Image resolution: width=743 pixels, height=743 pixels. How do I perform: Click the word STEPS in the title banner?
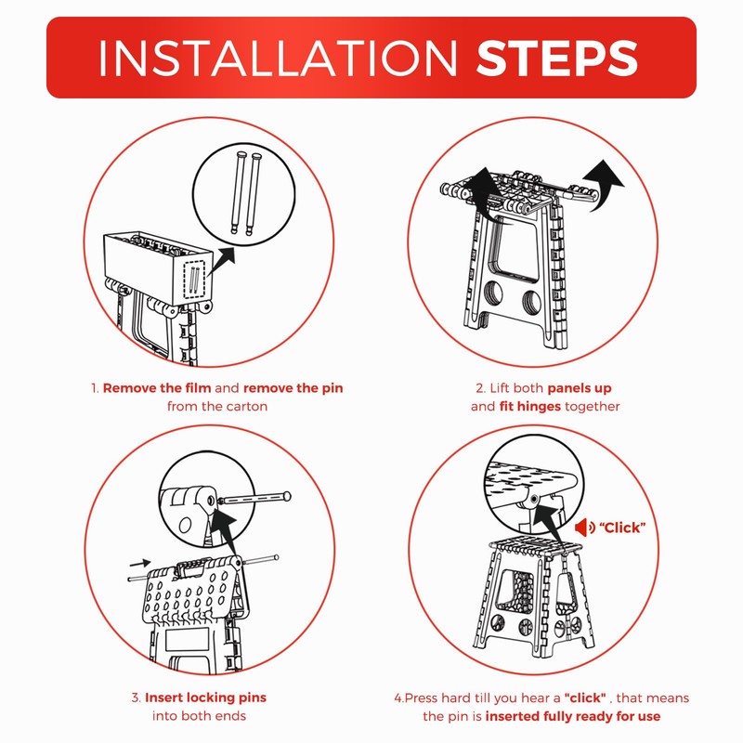point(557,58)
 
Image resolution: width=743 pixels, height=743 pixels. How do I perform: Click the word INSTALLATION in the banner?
point(278,58)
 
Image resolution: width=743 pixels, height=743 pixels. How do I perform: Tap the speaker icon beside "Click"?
point(585,527)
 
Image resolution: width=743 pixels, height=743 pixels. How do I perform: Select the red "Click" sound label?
point(622,528)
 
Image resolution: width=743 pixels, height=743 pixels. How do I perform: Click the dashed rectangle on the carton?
point(194,280)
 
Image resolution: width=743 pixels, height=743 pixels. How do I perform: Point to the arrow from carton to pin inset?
point(221,262)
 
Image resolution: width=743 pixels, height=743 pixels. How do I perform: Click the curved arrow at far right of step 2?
point(604,184)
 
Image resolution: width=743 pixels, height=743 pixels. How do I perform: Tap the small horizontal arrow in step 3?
point(140,564)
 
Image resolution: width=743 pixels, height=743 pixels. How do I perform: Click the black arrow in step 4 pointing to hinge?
point(549,524)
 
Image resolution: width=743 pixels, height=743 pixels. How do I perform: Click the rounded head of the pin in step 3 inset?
point(287,497)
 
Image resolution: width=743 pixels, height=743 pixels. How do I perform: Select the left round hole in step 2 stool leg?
point(493,293)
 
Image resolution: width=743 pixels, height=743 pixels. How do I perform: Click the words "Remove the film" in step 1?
point(157,388)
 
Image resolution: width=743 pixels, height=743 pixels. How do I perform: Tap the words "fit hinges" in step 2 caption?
point(529,406)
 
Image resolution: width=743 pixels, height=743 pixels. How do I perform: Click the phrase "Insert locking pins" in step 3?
point(205,697)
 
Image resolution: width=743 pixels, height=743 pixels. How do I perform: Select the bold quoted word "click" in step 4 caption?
point(585,697)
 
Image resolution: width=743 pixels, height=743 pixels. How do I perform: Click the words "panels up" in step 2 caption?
point(579,388)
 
